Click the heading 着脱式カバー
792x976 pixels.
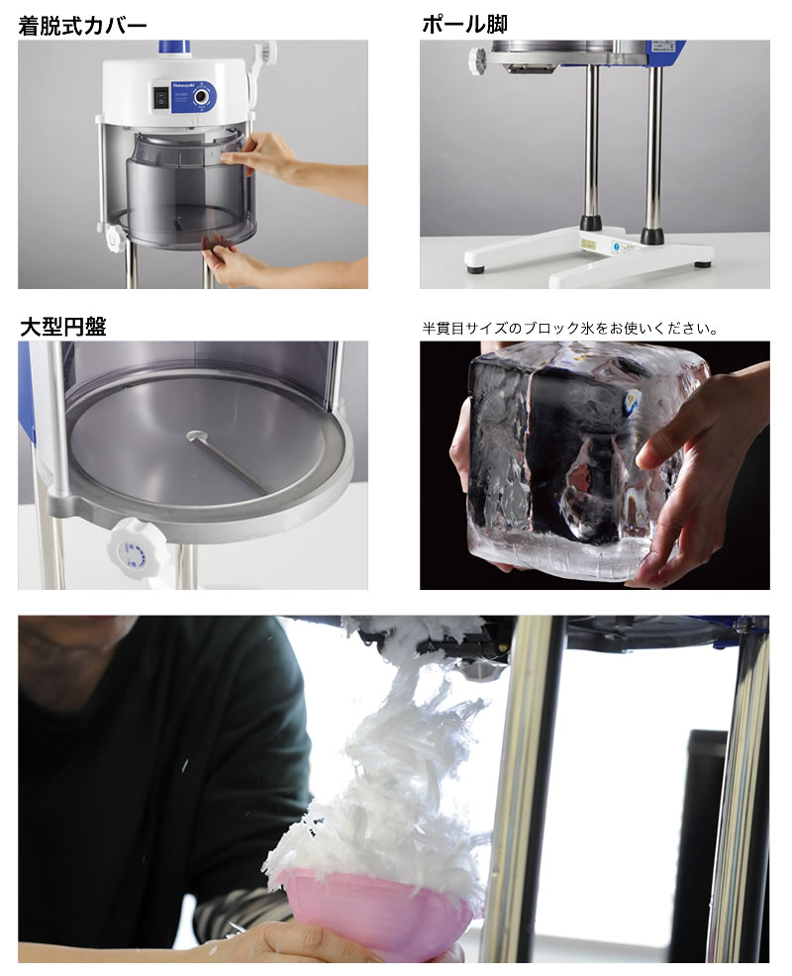pyautogui.click(x=82, y=26)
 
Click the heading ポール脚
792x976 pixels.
pyautogui.click(x=464, y=25)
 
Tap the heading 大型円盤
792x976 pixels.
pyautogui.click(x=63, y=327)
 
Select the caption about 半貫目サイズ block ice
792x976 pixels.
pyautogui.click(x=569, y=328)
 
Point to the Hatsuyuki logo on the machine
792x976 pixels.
pyautogui.click(x=184, y=88)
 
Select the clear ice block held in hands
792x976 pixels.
pyautogui.click(x=585, y=463)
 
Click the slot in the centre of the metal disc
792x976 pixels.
pyautogui.click(x=227, y=461)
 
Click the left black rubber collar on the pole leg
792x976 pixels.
pyautogui.click(x=591, y=224)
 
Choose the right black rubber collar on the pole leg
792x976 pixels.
pyautogui.click(x=651, y=236)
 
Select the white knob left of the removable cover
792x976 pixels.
pyautogui.click(x=115, y=239)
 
